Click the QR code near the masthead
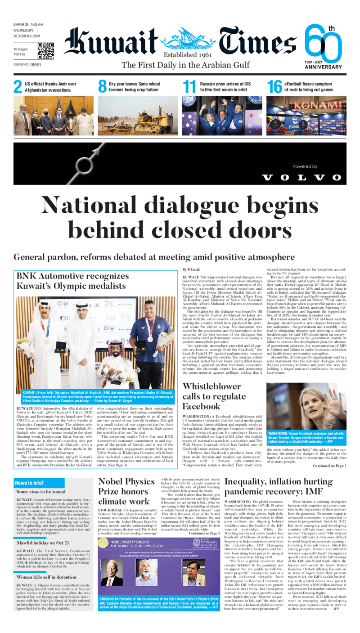pyautogui.click(x=45, y=51)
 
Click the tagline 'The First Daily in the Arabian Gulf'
pyautogui.click(x=185, y=65)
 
